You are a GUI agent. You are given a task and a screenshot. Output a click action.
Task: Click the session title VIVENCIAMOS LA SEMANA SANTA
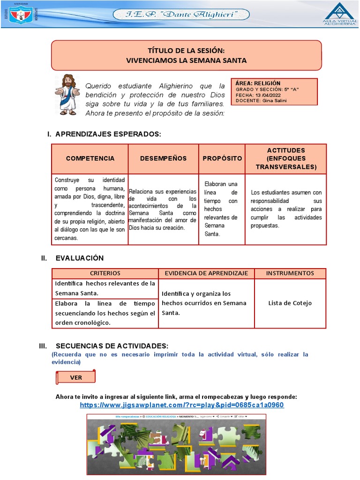point(186,60)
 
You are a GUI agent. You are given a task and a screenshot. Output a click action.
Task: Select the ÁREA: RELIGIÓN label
point(258,83)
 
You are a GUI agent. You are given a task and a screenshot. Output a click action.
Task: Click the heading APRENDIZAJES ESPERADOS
point(108,134)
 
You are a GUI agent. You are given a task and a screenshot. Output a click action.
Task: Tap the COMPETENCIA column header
point(90,158)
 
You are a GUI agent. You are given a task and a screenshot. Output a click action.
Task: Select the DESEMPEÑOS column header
point(163,158)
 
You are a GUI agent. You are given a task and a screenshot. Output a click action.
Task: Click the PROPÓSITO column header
point(222,158)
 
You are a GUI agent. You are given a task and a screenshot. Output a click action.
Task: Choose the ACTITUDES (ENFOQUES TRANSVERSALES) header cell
point(285,158)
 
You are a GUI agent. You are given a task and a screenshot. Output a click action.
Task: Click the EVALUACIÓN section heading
point(79,258)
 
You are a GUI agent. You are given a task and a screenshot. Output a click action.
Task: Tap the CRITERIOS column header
point(105,273)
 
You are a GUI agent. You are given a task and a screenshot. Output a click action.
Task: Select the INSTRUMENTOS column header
point(290,273)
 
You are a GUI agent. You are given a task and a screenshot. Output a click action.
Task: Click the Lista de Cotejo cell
point(290,303)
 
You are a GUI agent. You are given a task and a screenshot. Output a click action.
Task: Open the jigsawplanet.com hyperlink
point(181,405)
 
